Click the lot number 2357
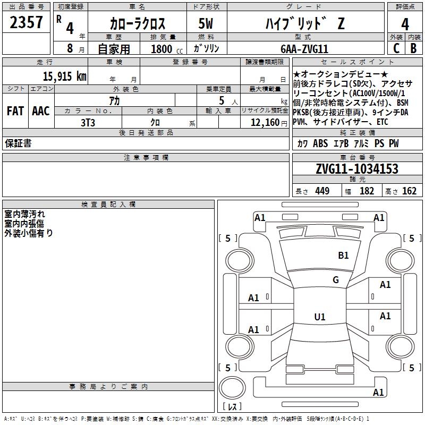[26, 22]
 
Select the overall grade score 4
[405, 24]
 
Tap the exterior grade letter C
[396, 48]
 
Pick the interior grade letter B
[413, 48]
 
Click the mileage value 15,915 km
[65, 76]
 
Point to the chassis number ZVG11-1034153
[357, 169]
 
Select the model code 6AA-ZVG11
[304, 49]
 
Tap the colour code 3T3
[88, 123]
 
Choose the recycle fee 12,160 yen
[269, 123]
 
